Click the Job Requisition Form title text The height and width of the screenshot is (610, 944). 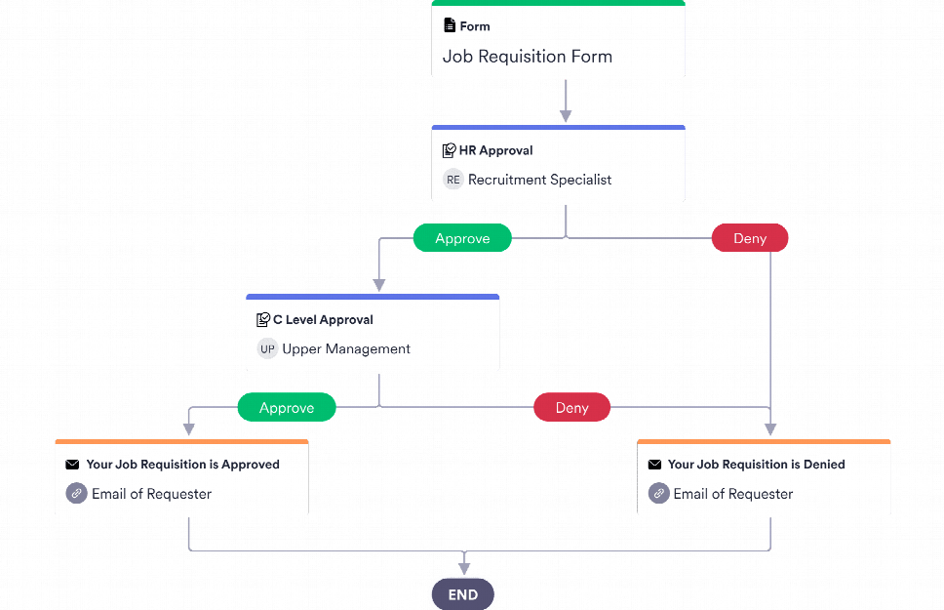coord(527,57)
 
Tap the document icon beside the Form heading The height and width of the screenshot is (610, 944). coord(450,26)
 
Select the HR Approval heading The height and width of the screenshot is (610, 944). coord(495,151)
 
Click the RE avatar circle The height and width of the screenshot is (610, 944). coord(452,180)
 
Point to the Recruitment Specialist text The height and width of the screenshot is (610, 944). coord(539,180)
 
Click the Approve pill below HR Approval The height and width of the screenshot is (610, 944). coord(462,239)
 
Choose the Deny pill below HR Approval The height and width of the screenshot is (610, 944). coord(749,239)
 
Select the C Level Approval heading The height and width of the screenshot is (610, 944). coord(322,320)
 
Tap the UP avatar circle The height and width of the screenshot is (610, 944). coord(267,349)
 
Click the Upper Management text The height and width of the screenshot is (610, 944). coord(346,349)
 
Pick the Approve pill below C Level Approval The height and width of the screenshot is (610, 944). coord(287,408)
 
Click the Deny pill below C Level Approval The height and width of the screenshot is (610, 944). coord(571,408)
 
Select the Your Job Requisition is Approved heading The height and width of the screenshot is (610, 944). coord(182,466)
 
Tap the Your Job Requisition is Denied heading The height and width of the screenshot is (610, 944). coord(756,466)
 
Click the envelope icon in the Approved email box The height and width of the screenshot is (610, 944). coord(72,466)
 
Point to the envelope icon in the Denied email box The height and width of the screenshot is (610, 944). coord(654,466)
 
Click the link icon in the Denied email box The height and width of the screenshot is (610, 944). coord(658,494)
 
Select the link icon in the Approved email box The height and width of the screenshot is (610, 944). coord(76,494)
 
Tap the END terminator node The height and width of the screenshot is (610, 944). coord(463,594)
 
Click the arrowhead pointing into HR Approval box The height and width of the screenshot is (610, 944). coord(566,116)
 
